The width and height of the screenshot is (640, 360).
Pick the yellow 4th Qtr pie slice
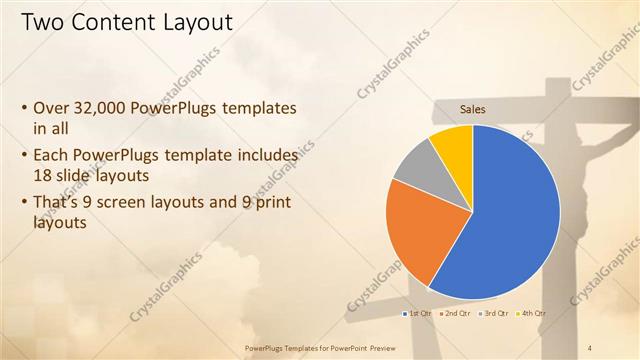[453, 143]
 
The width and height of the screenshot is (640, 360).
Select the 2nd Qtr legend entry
[456, 314]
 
